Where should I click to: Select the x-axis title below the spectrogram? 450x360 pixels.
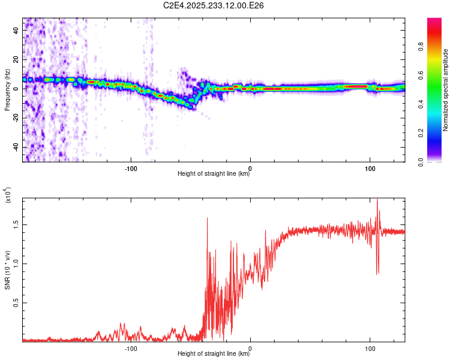(214, 174)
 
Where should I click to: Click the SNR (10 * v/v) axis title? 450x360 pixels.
(8, 267)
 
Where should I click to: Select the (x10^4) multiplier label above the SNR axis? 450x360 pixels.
(8, 196)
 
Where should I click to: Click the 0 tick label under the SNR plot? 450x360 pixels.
(250, 347)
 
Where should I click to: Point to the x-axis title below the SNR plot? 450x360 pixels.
(214, 354)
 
